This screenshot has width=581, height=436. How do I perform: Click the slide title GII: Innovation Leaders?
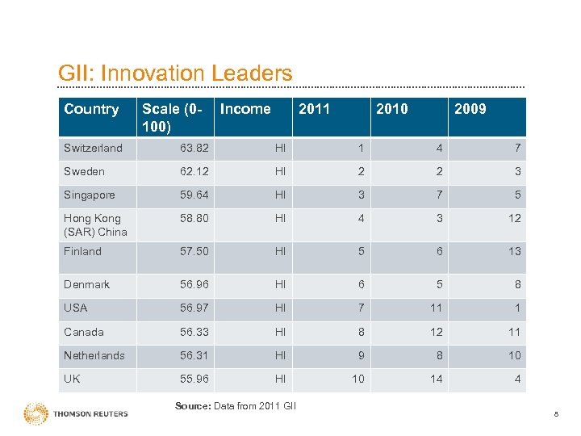tap(175, 73)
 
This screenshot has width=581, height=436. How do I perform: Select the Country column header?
tap(91, 109)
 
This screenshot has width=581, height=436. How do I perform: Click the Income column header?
tap(245, 109)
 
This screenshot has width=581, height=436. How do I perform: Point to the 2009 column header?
tap(470, 109)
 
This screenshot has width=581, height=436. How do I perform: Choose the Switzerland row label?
tap(93, 148)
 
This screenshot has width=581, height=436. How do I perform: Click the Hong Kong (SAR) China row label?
tap(95, 225)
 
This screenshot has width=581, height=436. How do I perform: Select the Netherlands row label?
tap(94, 355)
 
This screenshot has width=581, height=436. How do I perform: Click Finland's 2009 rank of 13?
tap(514, 251)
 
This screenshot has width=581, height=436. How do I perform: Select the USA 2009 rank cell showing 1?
tap(517, 308)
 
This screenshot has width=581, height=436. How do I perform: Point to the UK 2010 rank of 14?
tap(436, 379)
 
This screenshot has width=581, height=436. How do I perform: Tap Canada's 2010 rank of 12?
tap(436, 332)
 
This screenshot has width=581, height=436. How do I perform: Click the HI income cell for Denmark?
tap(280, 284)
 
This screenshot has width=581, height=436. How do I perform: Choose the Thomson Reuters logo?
tap(76, 413)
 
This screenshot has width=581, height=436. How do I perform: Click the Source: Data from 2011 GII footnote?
tap(236, 405)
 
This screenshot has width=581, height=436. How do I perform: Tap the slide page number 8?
tap(556, 414)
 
